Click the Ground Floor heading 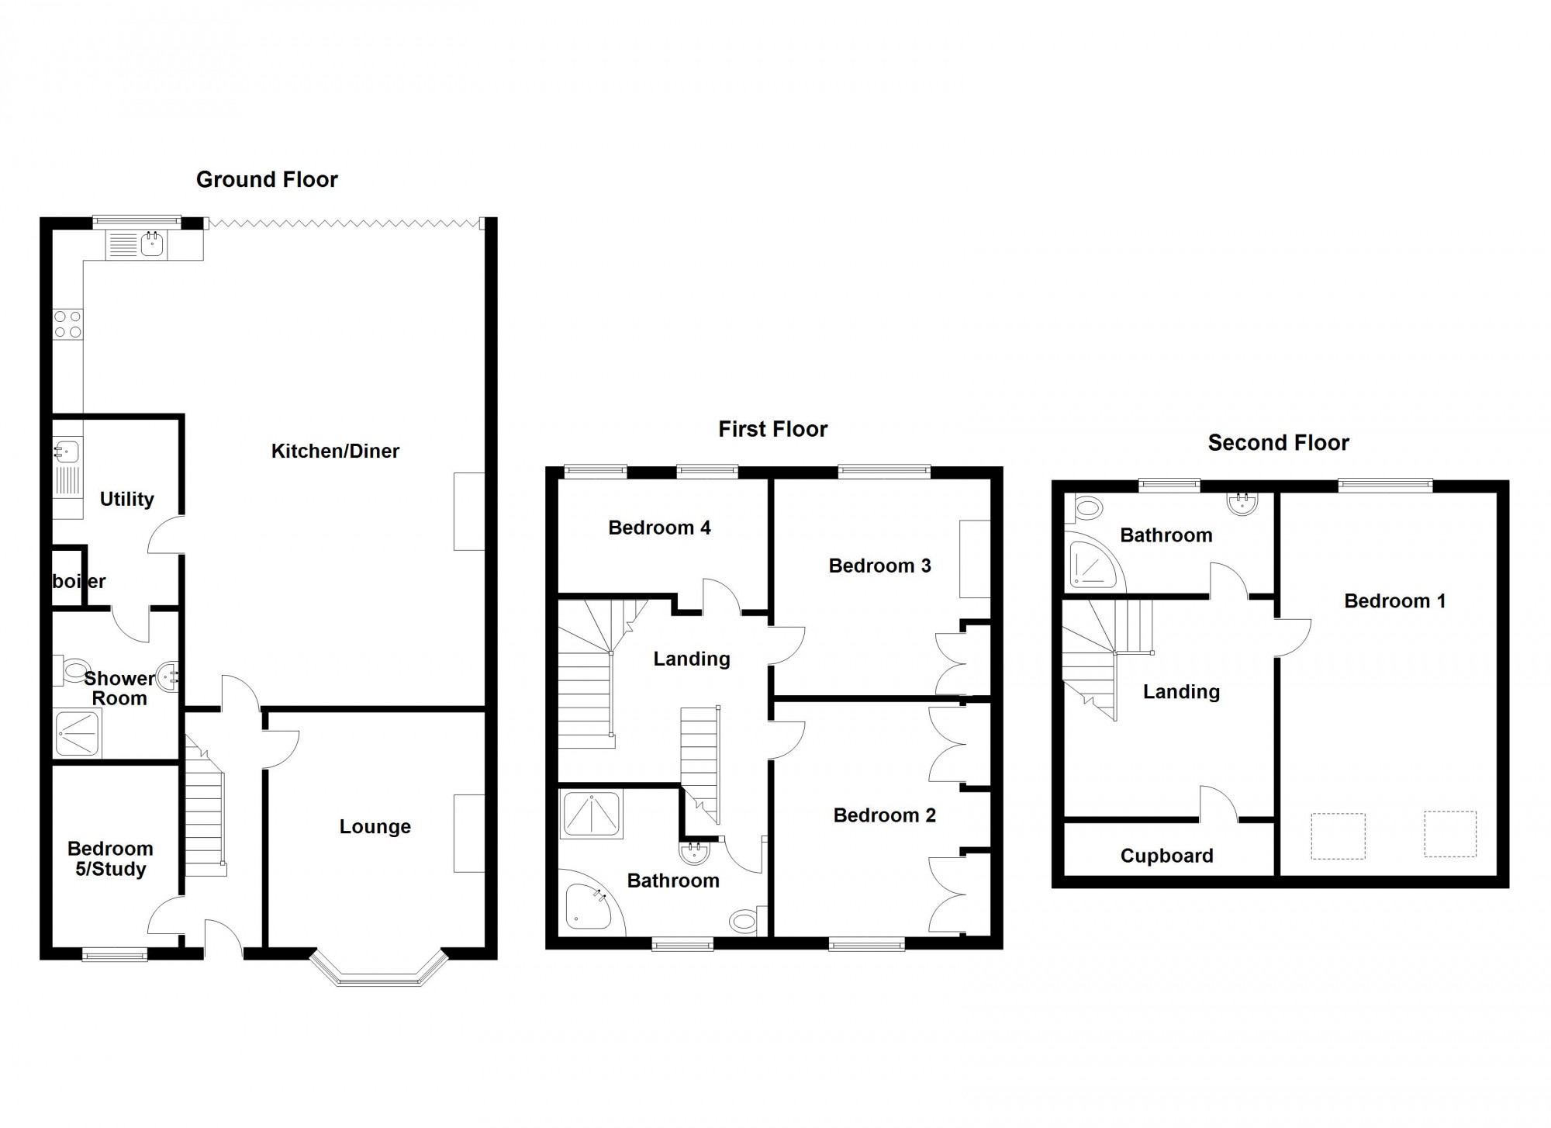[267, 179]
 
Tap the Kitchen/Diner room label [335, 451]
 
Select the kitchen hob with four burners [67, 324]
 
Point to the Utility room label [126, 499]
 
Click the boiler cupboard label [78, 581]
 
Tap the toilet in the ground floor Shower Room [74, 669]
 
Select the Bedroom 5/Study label [110, 859]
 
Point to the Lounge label [375, 827]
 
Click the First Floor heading [772, 429]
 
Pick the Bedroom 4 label [659, 528]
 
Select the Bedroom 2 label [884, 815]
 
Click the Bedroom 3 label [879, 566]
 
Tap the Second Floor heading [1278, 443]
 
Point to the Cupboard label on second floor [1166, 856]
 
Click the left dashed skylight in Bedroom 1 [1338, 836]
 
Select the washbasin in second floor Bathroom [1242, 504]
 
